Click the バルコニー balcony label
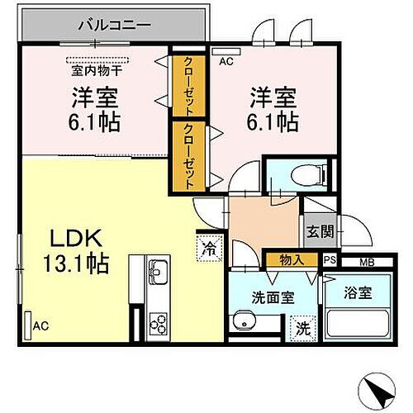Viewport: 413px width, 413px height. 114,24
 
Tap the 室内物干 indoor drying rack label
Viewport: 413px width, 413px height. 97,71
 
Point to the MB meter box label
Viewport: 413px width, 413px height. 363,262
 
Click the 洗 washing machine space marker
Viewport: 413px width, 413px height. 303,327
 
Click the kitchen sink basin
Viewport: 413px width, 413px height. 157,270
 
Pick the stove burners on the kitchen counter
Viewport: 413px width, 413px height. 157,322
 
